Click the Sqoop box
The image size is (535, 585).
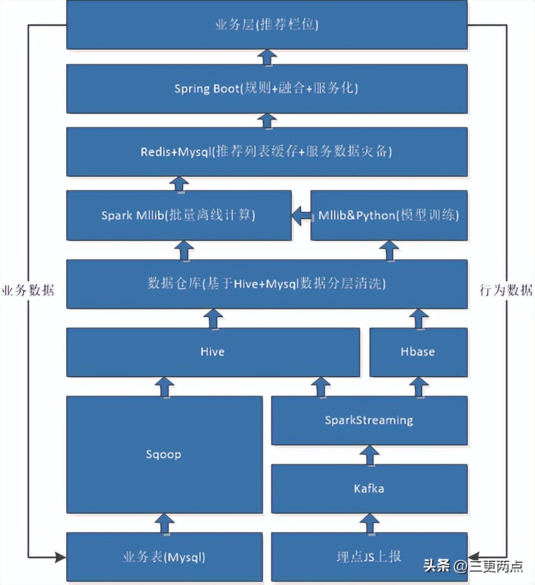pos(164,455)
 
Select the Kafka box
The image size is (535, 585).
pos(369,488)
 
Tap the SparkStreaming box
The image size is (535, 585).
pos(369,420)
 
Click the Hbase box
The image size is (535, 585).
pos(418,352)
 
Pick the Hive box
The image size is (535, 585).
pos(213,352)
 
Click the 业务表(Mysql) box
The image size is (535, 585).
pos(164,557)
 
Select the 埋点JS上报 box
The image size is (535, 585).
pos(369,557)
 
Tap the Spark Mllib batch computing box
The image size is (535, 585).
pos(179,215)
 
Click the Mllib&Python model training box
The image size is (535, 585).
pos(389,215)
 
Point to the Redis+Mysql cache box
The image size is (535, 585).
pos(266,152)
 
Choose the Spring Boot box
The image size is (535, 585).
pos(266,88)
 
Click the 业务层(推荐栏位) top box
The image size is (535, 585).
pos(266,25)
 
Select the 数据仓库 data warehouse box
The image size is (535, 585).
pos(266,284)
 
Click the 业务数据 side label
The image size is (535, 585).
pos(27,290)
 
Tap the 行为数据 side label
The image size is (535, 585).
pos(506,290)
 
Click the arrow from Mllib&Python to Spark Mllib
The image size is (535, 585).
pos(301,215)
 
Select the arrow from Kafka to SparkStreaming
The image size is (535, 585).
pos(369,455)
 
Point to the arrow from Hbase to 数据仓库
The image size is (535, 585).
pos(418,318)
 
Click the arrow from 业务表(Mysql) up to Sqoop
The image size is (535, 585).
pos(164,523)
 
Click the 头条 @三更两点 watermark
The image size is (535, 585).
pos(473,565)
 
